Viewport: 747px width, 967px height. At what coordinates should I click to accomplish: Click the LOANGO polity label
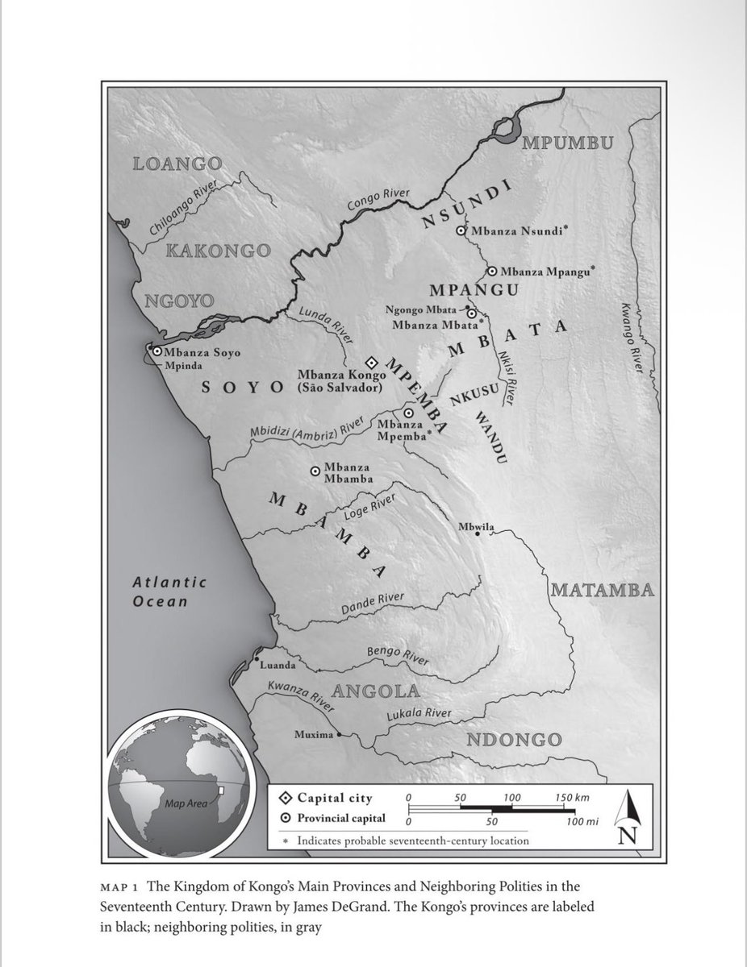pos(175,165)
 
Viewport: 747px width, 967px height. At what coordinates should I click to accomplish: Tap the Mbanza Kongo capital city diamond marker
pos(372,363)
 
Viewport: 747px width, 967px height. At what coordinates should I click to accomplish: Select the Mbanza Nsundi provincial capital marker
pos(461,230)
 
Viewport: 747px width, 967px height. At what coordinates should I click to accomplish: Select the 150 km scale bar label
pos(571,797)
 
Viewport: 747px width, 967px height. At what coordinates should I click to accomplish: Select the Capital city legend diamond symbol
pos(284,799)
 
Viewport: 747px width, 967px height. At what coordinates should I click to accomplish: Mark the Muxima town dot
pos(339,735)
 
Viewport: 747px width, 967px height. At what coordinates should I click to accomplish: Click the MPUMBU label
pos(568,143)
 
